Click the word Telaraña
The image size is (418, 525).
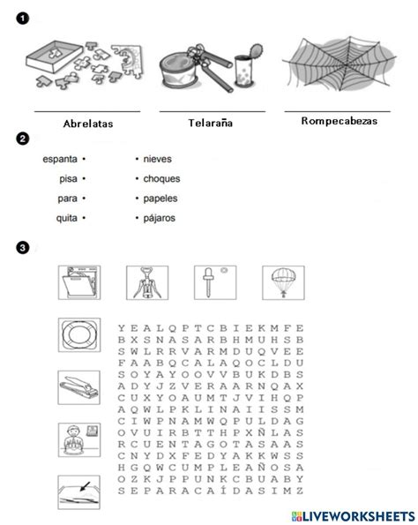tap(212, 124)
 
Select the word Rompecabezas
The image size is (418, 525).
tap(339, 122)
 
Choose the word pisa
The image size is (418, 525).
tap(67, 179)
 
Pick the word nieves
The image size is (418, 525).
tap(156, 160)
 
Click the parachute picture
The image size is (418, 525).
tap(283, 284)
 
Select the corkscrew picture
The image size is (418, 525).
tap(146, 284)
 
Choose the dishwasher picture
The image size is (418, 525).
tap(78, 284)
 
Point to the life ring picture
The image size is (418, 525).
tap(78, 336)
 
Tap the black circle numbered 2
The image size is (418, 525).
tap(22, 139)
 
